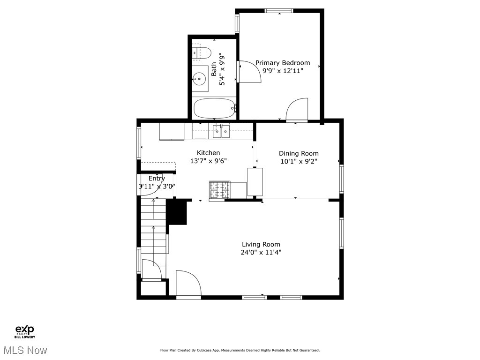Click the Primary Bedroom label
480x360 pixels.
tap(282, 63)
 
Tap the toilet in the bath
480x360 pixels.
tap(201, 52)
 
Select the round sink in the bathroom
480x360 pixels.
tap(201, 79)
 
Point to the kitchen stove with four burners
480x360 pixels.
tap(219, 190)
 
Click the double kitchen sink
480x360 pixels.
tap(221, 132)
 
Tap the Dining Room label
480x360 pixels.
tap(299, 153)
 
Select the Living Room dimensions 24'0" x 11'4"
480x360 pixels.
tap(261, 252)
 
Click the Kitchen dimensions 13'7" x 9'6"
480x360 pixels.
tap(208, 161)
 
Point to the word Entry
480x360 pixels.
tap(157, 179)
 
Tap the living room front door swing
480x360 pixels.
tap(188, 284)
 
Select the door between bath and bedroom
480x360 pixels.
tap(248, 72)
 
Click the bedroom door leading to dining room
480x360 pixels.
tap(297, 111)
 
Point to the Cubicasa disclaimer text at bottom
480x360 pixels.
tap(240, 350)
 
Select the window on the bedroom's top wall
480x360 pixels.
tap(279, 10)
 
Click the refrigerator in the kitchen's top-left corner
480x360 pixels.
tap(172, 131)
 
